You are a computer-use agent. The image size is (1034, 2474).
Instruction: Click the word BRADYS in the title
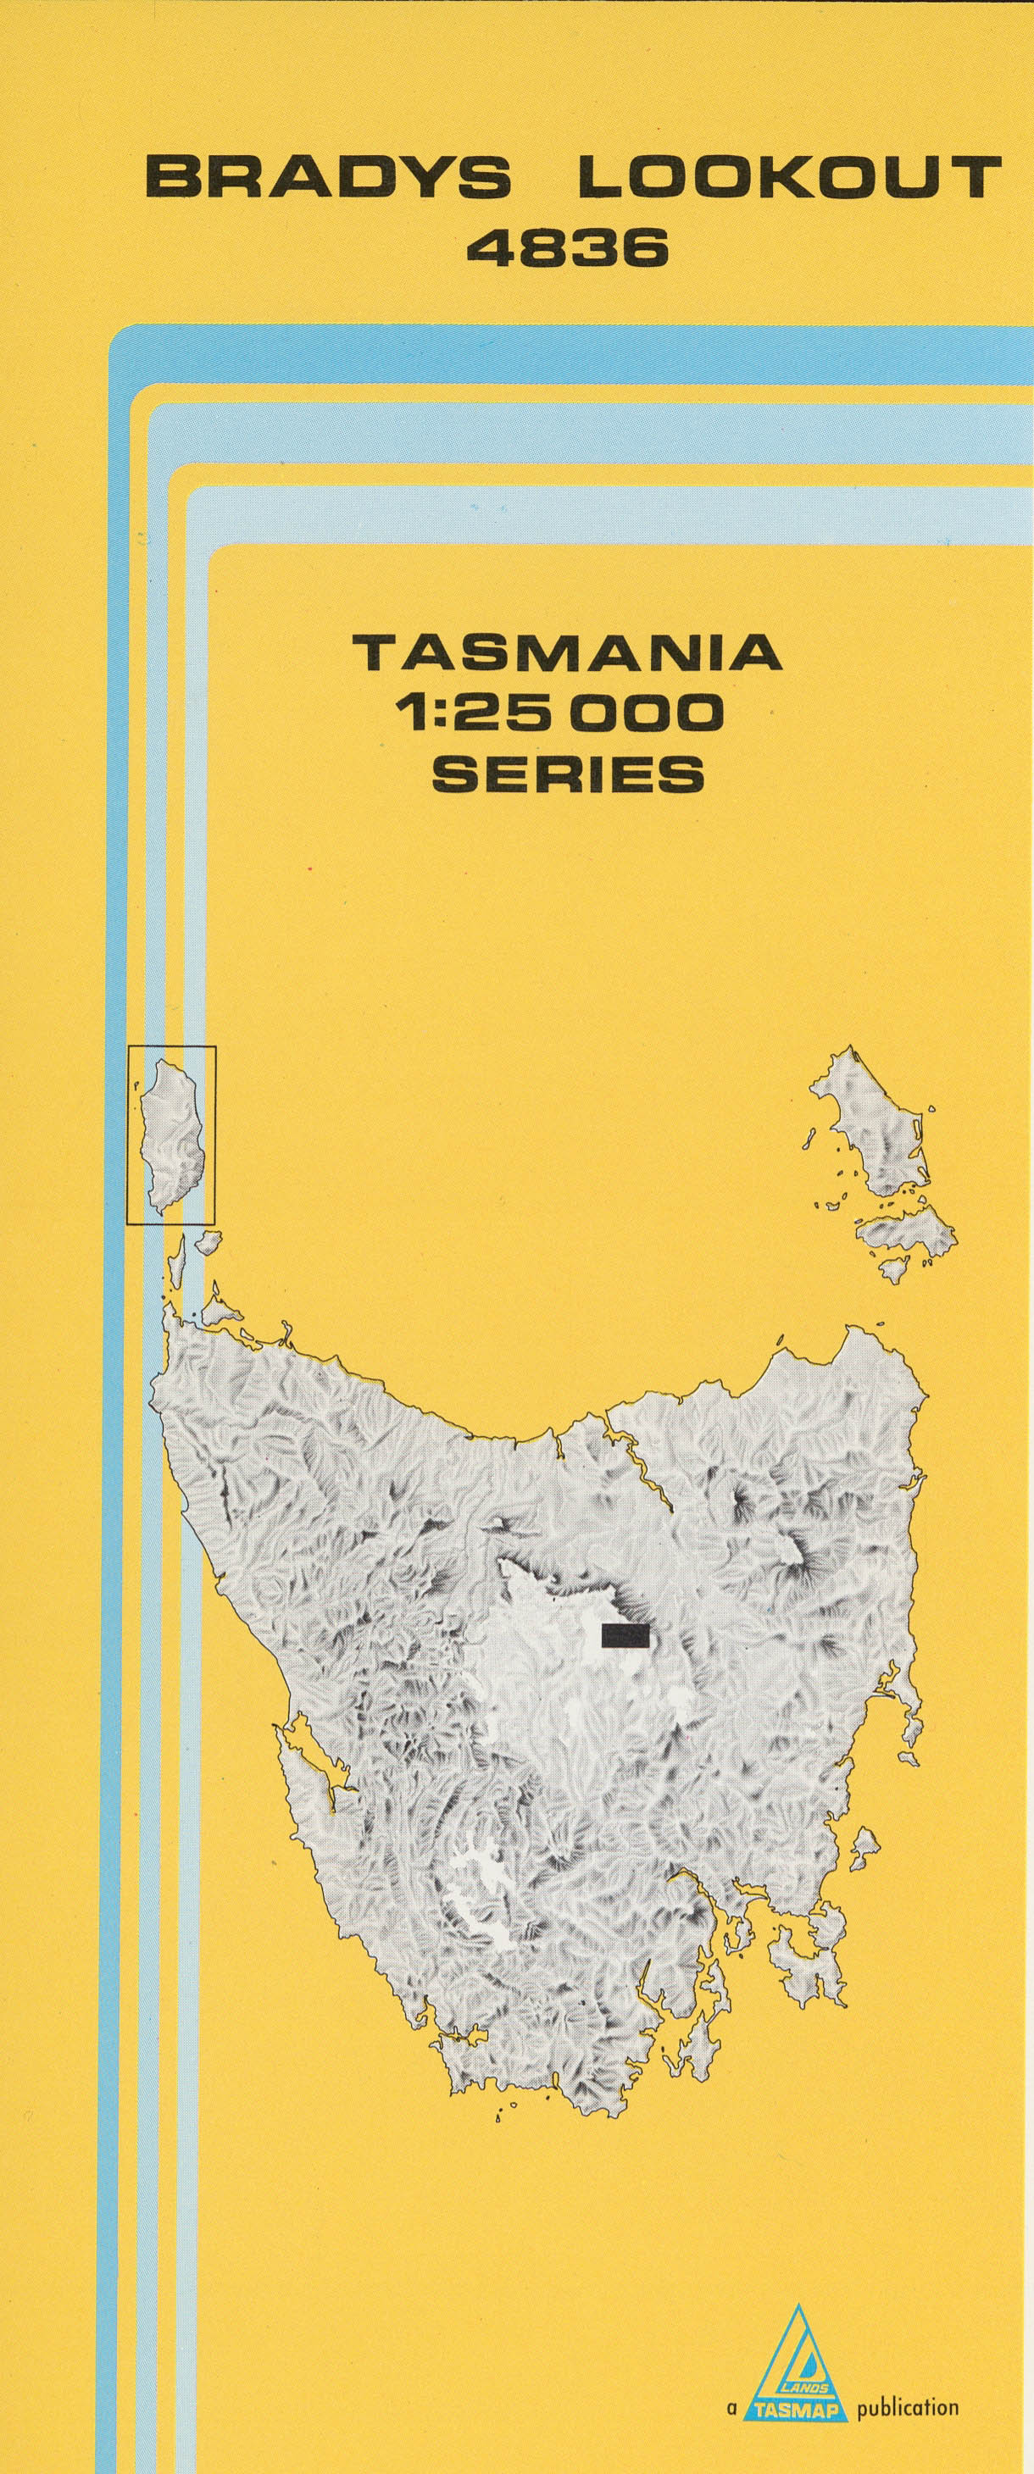pyautogui.click(x=328, y=178)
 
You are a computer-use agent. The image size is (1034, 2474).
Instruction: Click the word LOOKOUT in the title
pyautogui.click(x=789, y=178)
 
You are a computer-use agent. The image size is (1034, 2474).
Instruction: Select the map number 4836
pyautogui.click(x=567, y=250)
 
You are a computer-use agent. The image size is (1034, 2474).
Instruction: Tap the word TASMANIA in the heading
pyautogui.click(x=568, y=654)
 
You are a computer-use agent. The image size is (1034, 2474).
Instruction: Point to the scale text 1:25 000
pyautogui.click(x=567, y=713)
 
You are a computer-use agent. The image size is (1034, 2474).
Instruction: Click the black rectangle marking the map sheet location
pyautogui.click(x=625, y=1635)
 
